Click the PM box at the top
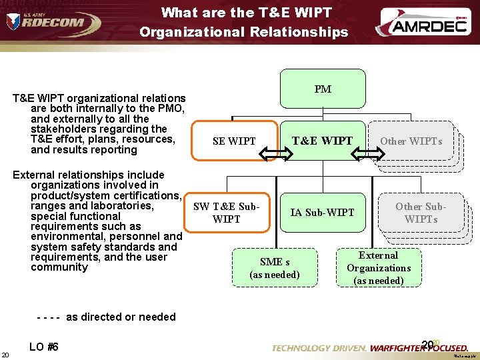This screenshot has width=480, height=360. click(x=323, y=89)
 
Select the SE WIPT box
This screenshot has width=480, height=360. click(x=234, y=141)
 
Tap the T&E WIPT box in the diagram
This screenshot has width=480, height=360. click(x=323, y=140)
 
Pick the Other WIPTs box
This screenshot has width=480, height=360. click(x=411, y=141)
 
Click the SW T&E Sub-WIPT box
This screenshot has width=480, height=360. click(x=226, y=212)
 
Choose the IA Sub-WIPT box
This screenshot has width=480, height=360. click(x=322, y=212)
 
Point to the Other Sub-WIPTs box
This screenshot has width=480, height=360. click(x=421, y=212)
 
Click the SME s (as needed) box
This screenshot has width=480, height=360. click(x=275, y=267)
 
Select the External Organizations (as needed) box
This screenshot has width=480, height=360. click(x=379, y=267)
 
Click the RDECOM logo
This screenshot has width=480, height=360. click(x=53, y=23)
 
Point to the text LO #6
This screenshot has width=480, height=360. click(x=44, y=347)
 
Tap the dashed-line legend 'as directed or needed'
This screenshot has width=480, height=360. click(x=106, y=317)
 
